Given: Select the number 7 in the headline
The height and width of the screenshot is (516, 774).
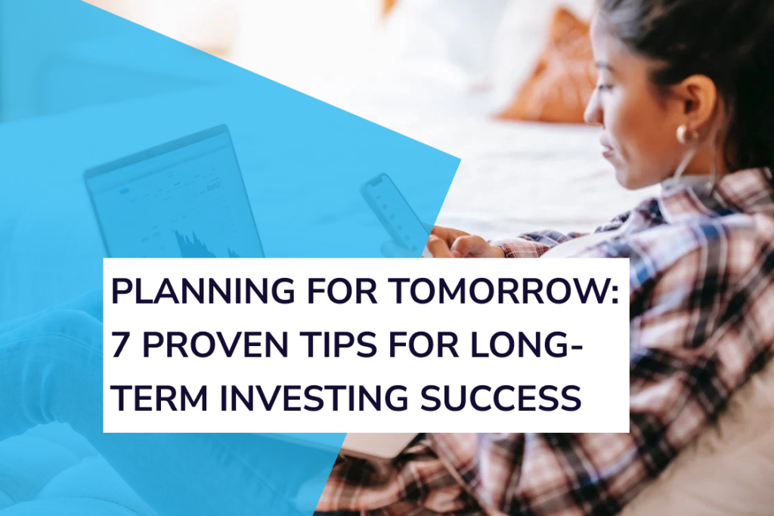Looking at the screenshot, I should tap(119, 346).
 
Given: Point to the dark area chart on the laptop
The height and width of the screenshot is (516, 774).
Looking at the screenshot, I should tap(200, 243).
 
